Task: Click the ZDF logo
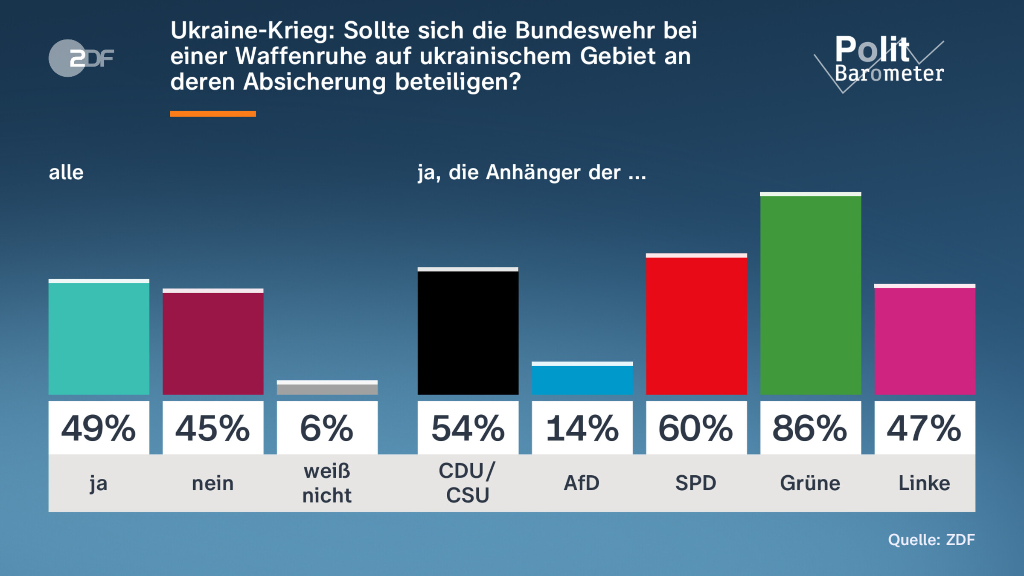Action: click(x=81, y=58)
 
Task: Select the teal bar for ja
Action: click(x=99, y=337)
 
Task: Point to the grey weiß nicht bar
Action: click(x=327, y=388)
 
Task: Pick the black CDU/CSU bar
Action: click(x=468, y=331)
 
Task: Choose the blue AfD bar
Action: click(x=582, y=378)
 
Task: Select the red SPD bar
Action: click(x=696, y=324)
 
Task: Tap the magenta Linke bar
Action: click(x=925, y=340)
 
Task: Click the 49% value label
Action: click(x=99, y=428)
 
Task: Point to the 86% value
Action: click(x=810, y=428)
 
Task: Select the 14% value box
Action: click(x=582, y=428)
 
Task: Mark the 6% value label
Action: click(x=327, y=428)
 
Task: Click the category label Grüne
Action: click(x=810, y=483)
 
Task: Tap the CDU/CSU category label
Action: click(x=468, y=483)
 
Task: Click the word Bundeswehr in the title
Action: click(x=585, y=31)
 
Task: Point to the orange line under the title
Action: click(x=213, y=114)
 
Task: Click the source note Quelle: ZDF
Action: click(x=931, y=540)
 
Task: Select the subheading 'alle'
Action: click(x=66, y=173)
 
